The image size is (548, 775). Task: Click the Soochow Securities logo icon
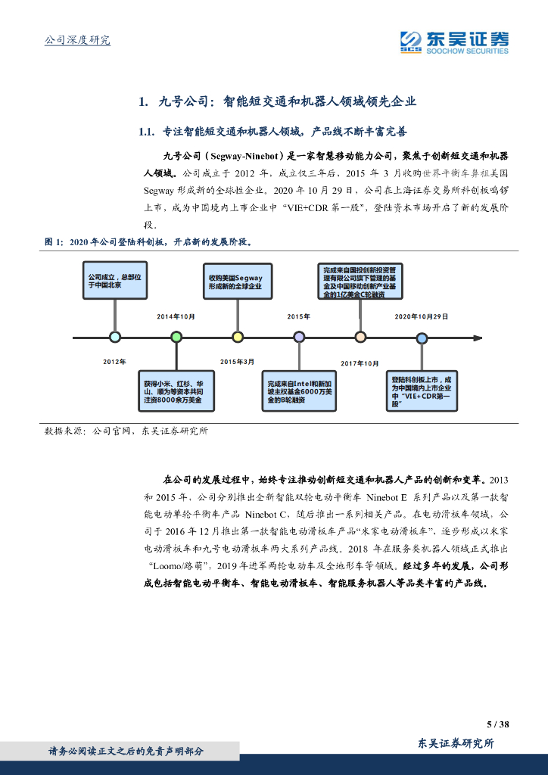tap(411, 41)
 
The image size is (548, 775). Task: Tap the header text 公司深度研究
tap(77, 40)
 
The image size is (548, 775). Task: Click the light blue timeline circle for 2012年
tap(114, 337)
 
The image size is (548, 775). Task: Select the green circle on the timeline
tap(176, 337)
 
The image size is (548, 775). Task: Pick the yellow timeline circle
tap(238, 337)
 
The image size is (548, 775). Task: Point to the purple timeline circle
tap(299, 337)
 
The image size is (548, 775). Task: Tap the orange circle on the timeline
tap(360, 337)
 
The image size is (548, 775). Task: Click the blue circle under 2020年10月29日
tap(422, 338)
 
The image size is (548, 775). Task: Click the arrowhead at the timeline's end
tap(478, 338)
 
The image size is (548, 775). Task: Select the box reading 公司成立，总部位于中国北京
tap(114, 281)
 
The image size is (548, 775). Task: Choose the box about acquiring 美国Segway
tap(238, 282)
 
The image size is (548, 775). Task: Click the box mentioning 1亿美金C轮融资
tap(360, 282)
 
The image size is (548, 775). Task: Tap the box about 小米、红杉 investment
tap(176, 391)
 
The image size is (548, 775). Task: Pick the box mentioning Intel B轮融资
tap(299, 391)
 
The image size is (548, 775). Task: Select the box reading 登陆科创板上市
tap(422, 391)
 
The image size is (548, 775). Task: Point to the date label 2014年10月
tap(176, 316)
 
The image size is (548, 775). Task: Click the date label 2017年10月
tap(360, 364)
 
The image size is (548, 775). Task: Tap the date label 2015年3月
tap(237, 362)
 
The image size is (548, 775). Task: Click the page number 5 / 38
tap(497, 724)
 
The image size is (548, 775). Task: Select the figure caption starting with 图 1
tap(148, 242)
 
